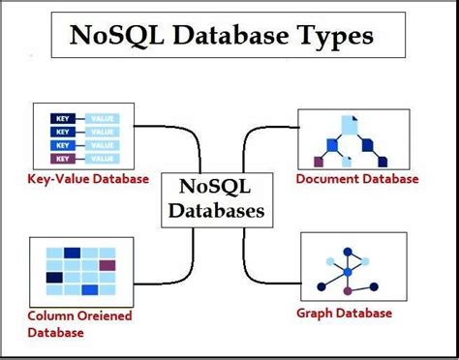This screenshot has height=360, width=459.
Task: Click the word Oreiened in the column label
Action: pyautogui.click(x=99, y=315)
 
